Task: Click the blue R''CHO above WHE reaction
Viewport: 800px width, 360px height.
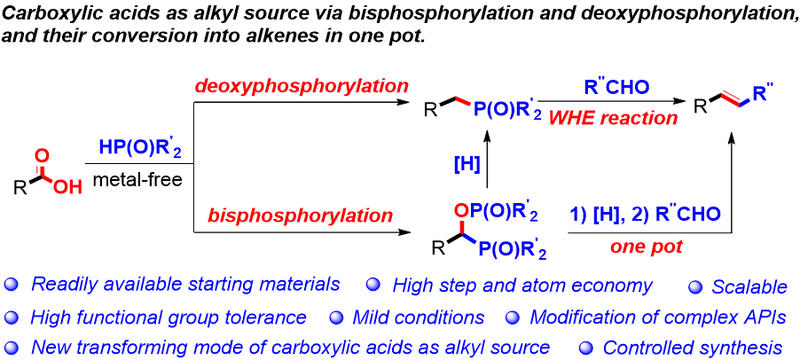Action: pos(603,86)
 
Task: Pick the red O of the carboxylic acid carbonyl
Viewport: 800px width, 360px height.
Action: pos(42,136)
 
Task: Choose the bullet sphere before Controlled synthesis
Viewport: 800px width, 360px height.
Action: pos(586,348)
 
